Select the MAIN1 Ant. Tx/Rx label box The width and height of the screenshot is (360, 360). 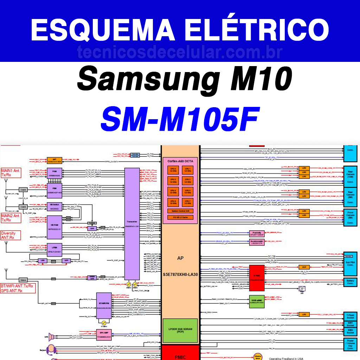[11, 173]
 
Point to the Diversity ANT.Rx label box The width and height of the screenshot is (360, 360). [10, 235]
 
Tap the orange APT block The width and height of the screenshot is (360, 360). [54, 160]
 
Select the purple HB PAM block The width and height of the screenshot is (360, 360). [54, 226]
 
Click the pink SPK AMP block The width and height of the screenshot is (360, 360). [104, 334]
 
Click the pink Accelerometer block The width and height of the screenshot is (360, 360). [256, 242]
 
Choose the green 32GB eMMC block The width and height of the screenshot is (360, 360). [256, 301]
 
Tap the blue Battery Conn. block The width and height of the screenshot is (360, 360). [350, 282]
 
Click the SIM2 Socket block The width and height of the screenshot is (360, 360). [350, 331]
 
